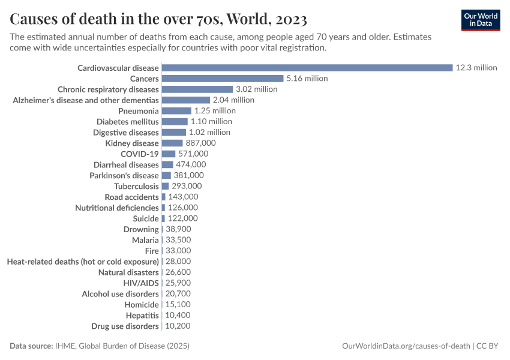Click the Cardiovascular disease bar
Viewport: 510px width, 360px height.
[307, 68]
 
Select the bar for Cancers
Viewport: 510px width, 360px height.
[223, 79]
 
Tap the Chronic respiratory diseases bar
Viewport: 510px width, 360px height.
[197, 89]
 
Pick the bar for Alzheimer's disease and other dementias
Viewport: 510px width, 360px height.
[186, 100]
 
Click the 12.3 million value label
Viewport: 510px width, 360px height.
[476, 68]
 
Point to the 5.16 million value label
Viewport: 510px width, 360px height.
[307, 79]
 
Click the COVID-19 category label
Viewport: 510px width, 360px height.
[140, 154]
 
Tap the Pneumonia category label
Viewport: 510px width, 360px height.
[139, 111]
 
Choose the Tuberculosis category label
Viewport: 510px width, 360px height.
[136, 187]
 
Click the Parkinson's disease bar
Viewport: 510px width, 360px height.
[166, 176]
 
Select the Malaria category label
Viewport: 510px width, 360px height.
[145, 240]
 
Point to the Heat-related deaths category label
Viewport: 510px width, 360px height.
[83, 262]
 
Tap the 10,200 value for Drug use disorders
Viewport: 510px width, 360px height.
[178, 326]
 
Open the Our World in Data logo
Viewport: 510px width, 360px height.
[481, 20]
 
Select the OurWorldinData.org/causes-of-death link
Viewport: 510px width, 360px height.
[406, 346]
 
